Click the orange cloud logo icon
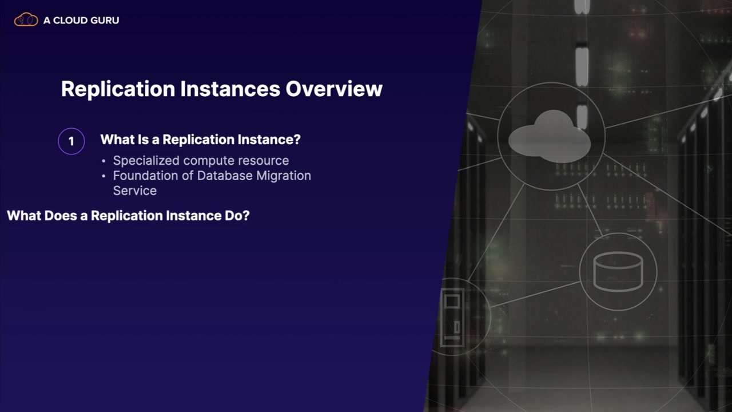[x=26, y=19]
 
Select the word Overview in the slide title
[x=334, y=89]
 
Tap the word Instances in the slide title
[x=230, y=89]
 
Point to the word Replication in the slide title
[x=118, y=89]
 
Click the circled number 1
[x=71, y=141]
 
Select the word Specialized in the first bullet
[x=146, y=161]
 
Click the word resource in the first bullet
[x=264, y=161]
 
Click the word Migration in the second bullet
[x=284, y=176]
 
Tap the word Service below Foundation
[x=134, y=191]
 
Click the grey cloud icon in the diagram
[x=550, y=137]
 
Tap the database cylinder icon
[x=618, y=271]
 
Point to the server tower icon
[x=452, y=317]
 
